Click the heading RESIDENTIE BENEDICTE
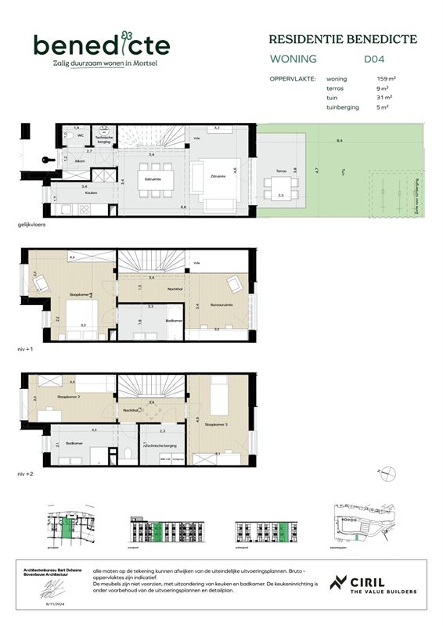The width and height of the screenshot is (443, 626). [x=343, y=39]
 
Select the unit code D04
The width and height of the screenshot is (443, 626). [x=375, y=59]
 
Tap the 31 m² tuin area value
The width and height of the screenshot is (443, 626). [x=384, y=98]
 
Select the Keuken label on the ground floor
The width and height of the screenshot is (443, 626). [x=80, y=192]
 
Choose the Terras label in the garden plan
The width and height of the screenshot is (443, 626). [x=281, y=170]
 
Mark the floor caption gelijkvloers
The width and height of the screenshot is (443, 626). [x=34, y=225]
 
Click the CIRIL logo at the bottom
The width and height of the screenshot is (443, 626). [x=373, y=584]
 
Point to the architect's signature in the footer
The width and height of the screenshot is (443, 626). [x=52, y=588]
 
